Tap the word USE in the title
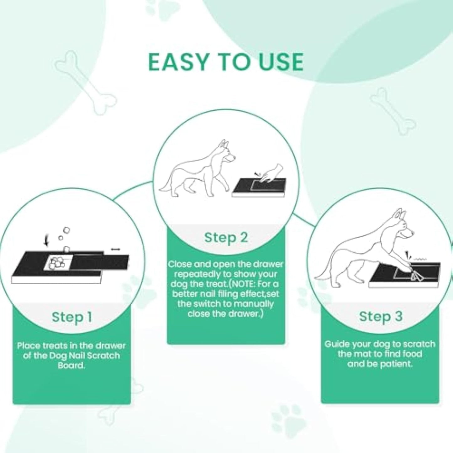pos(280,62)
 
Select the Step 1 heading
pos(72,317)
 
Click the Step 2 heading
pos(226,237)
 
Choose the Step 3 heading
pos(380,316)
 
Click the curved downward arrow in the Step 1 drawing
pos(47,241)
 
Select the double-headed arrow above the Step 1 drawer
pos(115,249)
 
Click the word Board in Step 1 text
pos(71,366)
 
